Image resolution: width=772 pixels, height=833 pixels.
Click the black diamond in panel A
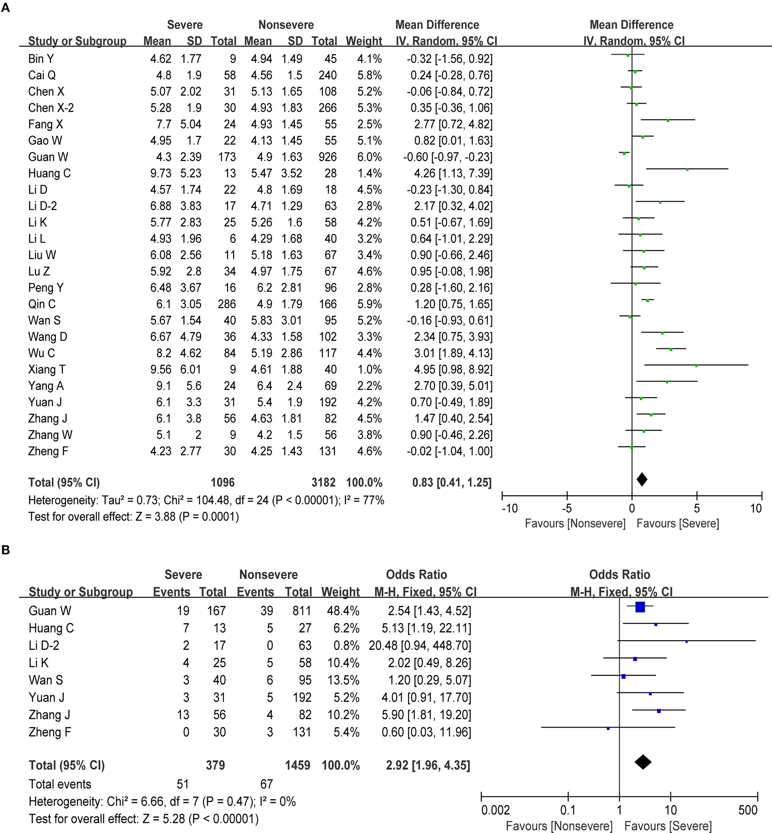(642, 479)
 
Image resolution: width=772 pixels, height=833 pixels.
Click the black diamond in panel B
(643, 762)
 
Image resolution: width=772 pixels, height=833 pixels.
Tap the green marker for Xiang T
(696, 366)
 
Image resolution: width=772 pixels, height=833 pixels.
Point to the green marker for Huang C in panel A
(687, 170)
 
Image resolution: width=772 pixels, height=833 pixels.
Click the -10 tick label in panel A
(509, 508)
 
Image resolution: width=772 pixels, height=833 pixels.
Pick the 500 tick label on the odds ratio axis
(748, 810)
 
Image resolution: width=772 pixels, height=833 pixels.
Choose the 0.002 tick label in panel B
(495, 810)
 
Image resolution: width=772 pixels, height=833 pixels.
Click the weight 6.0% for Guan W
(369, 157)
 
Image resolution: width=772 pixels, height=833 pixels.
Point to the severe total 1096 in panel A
(223, 482)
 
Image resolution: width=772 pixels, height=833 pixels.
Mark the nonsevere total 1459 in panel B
(297, 765)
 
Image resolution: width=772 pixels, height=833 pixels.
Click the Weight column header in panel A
(364, 41)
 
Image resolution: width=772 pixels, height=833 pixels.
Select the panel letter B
(6, 550)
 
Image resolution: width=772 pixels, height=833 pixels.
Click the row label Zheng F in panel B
(50, 732)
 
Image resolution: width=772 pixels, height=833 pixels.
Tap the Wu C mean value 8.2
(164, 353)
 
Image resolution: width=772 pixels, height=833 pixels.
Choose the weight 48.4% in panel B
(343, 611)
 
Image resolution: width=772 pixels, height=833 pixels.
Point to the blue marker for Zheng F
(608, 729)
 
